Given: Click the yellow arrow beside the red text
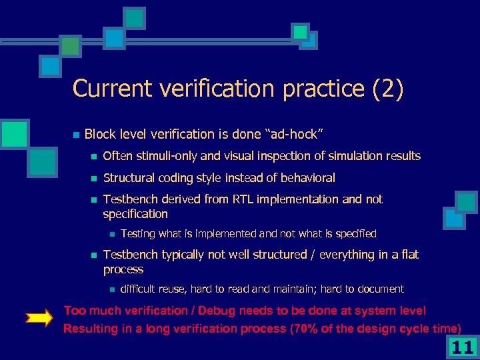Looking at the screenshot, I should [41, 319].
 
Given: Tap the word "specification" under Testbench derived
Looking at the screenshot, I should [135, 214].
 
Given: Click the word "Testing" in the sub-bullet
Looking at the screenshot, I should [138, 234].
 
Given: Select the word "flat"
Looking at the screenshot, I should [409, 255].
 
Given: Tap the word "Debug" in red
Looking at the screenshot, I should [211, 311].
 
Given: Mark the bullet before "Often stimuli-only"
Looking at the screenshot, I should [94, 157].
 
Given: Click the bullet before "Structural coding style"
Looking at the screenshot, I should [94, 178].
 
